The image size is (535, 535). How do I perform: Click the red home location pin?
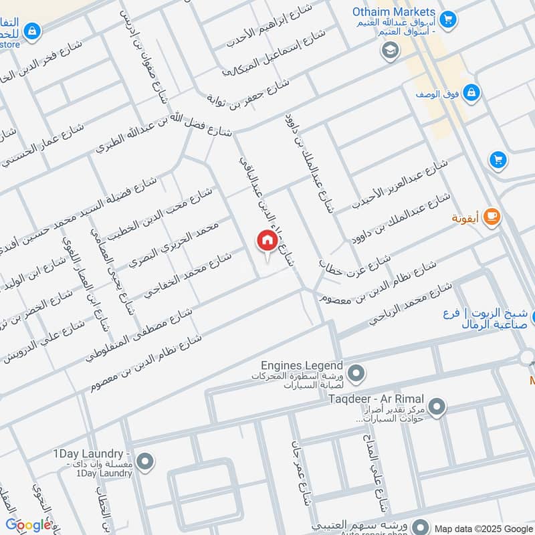pyautogui.click(x=267, y=241)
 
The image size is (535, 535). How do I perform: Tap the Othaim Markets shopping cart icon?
pyautogui.click(x=449, y=18)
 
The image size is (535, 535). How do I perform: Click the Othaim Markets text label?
pyautogui.click(x=394, y=12)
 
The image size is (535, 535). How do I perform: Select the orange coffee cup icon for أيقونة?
pyautogui.click(x=492, y=216)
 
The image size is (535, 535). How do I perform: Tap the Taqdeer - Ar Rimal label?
pyautogui.click(x=377, y=399)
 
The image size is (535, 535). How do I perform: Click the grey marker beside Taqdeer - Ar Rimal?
pyautogui.click(x=437, y=406)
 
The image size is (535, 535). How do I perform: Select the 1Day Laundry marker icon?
pyautogui.click(x=145, y=461)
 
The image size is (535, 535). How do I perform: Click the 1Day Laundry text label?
pyautogui.click(x=92, y=455)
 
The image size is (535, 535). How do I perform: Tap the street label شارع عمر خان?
pyautogui.click(x=301, y=472)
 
